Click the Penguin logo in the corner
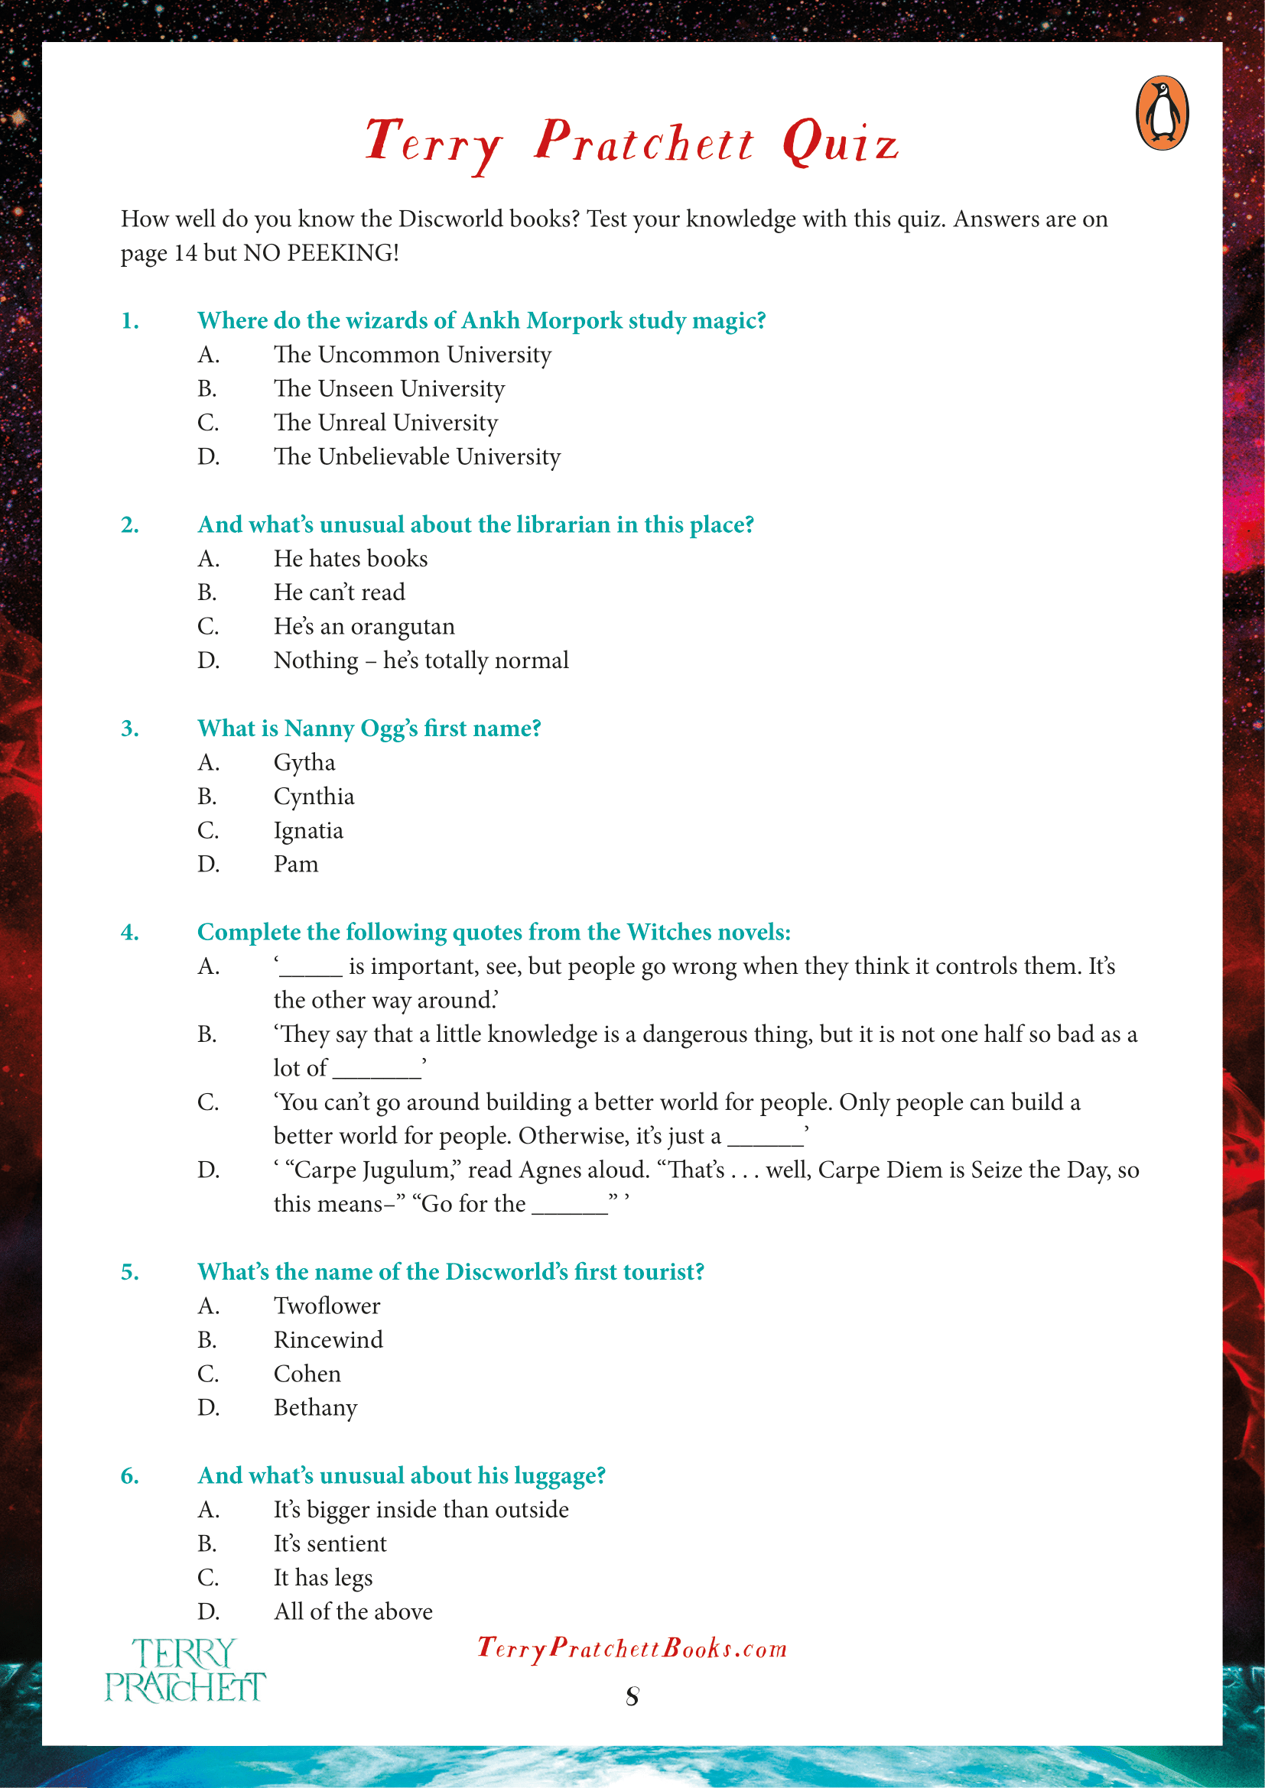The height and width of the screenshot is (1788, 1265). point(1162,113)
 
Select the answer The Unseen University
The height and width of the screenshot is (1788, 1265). point(389,388)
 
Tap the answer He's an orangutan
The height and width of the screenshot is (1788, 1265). point(364,627)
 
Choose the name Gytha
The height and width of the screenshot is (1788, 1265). point(304,762)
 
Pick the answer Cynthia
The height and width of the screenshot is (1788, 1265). point(313,797)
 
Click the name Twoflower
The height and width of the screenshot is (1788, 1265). point(327,1306)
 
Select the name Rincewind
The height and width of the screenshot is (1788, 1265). point(328,1340)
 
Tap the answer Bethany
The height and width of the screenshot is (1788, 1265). point(314,1408)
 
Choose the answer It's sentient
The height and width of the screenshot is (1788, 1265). point(330,1543)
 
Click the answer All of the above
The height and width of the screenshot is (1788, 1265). point(353,1611)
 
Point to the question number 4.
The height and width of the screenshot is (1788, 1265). point(130,932)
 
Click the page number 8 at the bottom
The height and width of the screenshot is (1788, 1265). point(632,1696)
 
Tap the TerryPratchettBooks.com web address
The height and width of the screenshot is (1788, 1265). point(632,1648)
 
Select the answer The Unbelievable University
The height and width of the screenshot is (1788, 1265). point(417,456)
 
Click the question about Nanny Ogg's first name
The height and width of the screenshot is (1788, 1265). point(369,729)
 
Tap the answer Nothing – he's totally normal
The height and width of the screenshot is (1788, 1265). point(421,660)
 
